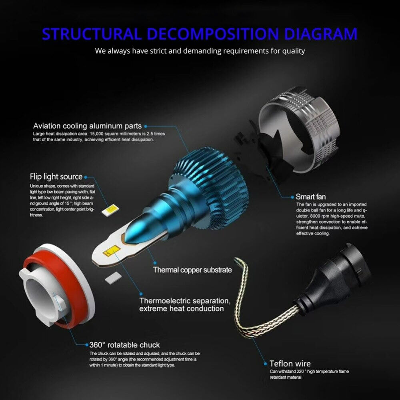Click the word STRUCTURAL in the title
pos(91,34)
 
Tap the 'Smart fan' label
pos(310,197)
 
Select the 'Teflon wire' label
pos(290,364)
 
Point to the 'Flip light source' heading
pos(56,177)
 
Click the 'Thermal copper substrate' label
pos(192,270)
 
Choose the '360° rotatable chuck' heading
pos(124,345)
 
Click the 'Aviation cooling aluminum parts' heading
pos(88,126)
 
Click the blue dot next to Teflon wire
pos(265,364)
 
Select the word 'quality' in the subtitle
pos(294,51)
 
